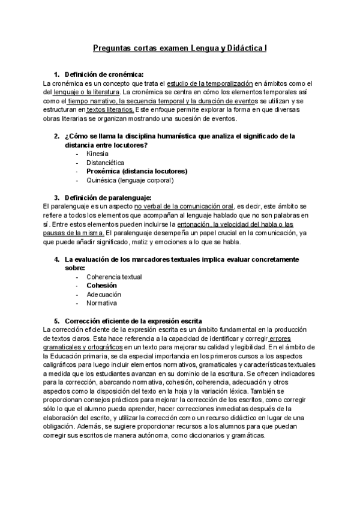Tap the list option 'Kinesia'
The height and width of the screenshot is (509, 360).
click(97, 154)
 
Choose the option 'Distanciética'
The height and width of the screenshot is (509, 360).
click(106, 163)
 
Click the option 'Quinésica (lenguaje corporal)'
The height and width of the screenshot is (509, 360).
click(130, 180)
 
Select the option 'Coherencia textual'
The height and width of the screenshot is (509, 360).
click(114, 277)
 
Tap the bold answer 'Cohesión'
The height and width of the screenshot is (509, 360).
click(101, 286)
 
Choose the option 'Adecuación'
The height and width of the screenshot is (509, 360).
click(104, 295)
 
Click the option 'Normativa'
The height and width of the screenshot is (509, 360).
click(101, 303)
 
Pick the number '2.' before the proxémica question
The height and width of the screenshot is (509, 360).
click(57, 136)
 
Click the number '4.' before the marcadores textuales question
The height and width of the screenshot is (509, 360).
click(57, 259)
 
